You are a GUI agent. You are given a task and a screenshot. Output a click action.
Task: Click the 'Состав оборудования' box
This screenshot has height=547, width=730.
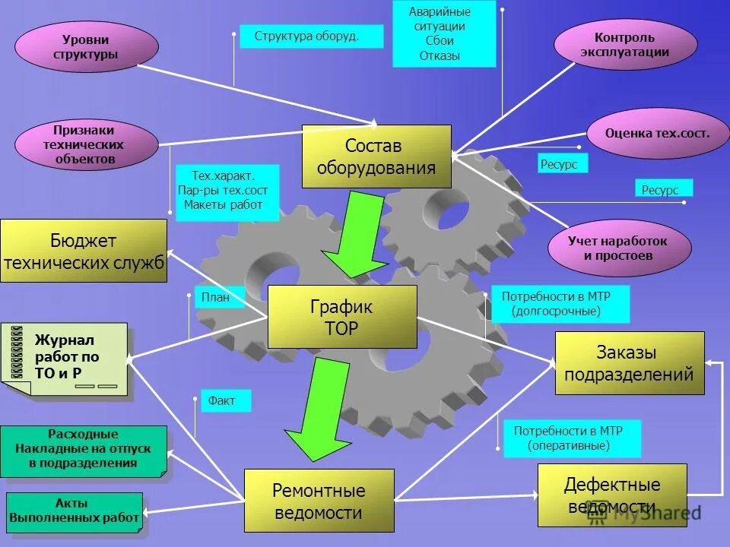point(376,157)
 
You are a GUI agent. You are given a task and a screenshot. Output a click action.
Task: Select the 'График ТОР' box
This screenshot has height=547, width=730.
point(342,317)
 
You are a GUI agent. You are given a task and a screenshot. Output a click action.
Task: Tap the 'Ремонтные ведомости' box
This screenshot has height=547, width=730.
point(319,501)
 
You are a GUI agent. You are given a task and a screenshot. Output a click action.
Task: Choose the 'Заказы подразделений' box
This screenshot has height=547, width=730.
point(629,363)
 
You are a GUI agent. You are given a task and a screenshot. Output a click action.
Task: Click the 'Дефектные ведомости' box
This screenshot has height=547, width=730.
point(611,495)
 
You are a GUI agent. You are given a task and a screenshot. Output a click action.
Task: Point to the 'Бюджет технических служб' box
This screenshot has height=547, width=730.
point(84,251)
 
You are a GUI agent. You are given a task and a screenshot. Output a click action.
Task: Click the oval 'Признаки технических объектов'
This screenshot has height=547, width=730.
point(86,144)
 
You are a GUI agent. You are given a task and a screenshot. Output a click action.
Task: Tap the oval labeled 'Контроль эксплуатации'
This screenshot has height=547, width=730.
point(625,44)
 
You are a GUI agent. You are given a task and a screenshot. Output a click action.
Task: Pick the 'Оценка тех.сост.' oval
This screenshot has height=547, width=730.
point(657,133)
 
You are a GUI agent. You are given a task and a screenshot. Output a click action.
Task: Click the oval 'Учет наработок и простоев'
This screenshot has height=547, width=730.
point(618,248)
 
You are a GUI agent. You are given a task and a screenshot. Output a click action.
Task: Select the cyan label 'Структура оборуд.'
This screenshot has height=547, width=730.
point(311,36)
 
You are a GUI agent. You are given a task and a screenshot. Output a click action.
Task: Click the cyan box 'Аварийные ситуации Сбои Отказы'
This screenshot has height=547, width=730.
point(444,34)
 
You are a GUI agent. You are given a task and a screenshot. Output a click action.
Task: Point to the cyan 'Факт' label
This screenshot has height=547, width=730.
point(225,400)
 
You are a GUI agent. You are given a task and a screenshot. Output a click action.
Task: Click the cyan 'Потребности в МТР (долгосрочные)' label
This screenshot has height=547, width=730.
point(560,304)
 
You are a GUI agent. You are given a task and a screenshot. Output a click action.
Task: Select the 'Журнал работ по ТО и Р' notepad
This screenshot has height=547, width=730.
point(67,358)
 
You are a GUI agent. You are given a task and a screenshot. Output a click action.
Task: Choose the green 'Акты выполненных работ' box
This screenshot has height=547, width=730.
point(75,511)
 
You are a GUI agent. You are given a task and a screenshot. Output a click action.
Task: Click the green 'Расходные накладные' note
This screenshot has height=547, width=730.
point(83,451)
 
